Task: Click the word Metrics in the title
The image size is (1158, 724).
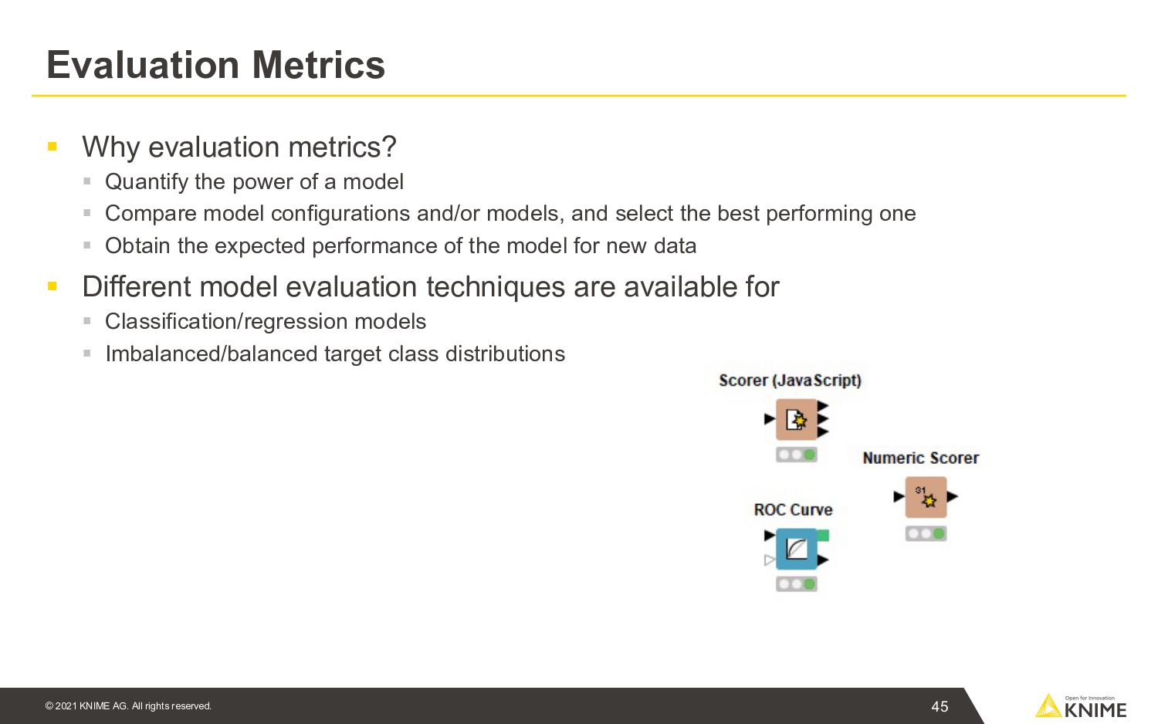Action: [x=318, y=65]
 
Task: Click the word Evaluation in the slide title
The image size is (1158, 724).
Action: [x=143, y=65]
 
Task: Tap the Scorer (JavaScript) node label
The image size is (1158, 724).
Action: [x=790, y=381]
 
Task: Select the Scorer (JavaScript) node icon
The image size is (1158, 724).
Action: [x=796, y=420]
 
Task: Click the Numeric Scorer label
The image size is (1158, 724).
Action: [x=921, y=458]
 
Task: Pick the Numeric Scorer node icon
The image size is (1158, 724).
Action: [x=926, y=497]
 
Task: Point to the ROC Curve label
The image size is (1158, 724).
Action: [x=793, y=510]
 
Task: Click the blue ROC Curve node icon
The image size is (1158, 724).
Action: [x=796, y=549]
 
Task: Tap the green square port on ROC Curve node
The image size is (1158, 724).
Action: [x=824, y=536]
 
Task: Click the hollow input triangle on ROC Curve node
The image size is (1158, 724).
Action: [x=770, y=560]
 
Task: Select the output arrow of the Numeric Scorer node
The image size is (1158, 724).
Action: [x=953, y=496]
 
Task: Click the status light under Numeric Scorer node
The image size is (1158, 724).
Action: [x=926, y=533]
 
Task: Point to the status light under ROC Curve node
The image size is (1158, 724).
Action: [x=796, y=584]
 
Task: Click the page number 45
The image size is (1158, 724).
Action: [x=940, y=706]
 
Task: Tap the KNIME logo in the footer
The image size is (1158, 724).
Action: [x=1081, y=706]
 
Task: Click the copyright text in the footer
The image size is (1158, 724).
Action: [x=128, y=706]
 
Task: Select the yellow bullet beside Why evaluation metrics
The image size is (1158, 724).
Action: [x=52, y=146]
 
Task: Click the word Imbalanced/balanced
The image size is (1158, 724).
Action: [x=211, y=354]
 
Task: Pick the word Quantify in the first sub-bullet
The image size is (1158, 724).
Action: [x=147, y=182]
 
